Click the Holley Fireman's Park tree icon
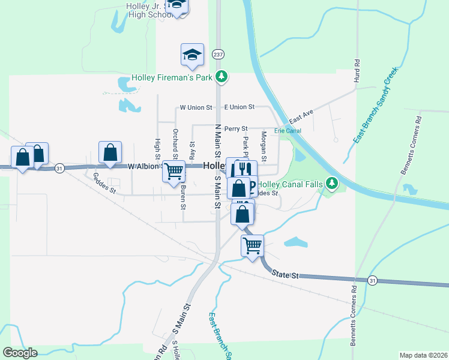point(222,76)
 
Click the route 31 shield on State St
point(373,280)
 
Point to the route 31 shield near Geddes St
point(59,168)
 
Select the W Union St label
point(196,107)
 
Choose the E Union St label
point(240,107)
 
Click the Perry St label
point(236,129)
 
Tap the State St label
point(285,274)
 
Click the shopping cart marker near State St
point(252,245)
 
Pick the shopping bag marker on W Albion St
point(110,153)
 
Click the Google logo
point(20,353)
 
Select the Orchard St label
point(175,140)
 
